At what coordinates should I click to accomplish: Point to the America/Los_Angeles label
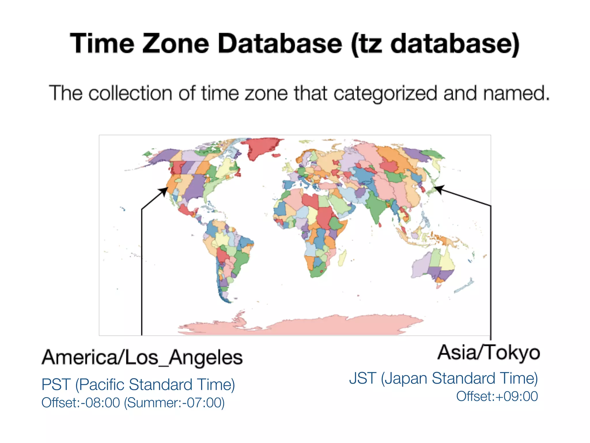(x=142, y=358)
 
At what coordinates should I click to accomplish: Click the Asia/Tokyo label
(x=489, y=352)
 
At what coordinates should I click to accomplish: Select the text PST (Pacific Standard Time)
(x=138, y=384)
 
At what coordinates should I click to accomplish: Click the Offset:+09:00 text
(x=497, y=396)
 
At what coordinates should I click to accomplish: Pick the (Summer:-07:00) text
(x=174, y=403)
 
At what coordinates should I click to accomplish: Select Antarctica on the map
(x=300, y=326)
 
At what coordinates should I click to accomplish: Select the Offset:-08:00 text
(x=81, y=403)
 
